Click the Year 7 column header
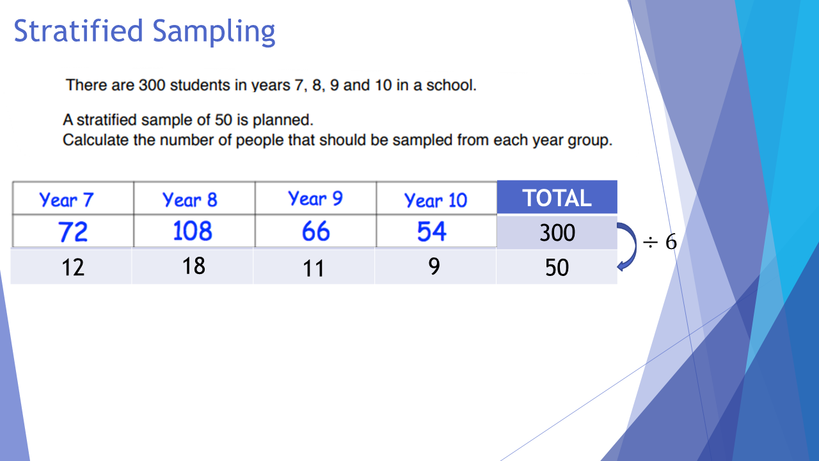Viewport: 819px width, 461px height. (66, 200)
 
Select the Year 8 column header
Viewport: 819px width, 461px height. (190, 200)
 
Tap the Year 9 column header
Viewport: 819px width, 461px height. (315, 198)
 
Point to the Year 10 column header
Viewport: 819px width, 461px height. (436, 200)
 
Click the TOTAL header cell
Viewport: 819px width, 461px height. (557, 197)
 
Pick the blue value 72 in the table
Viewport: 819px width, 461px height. (73, 232)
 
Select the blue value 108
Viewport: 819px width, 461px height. (193, 231)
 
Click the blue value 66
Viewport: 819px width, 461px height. (316, 231)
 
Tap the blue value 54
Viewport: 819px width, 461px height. (431, 231)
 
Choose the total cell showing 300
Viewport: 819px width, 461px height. (557, 232)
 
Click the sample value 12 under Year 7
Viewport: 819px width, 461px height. (73, 268)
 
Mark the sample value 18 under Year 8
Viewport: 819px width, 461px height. (193, 266)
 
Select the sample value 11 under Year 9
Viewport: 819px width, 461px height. (314, 268)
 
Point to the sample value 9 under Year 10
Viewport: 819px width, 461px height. (434, 266)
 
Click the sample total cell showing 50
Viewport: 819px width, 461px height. (557, 268)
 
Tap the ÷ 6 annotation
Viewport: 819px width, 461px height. (660, 242)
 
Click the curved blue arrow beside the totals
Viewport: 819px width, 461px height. (635, 246)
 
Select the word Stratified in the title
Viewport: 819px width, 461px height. (78, 31)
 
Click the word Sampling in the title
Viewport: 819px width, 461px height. (214, 32)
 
